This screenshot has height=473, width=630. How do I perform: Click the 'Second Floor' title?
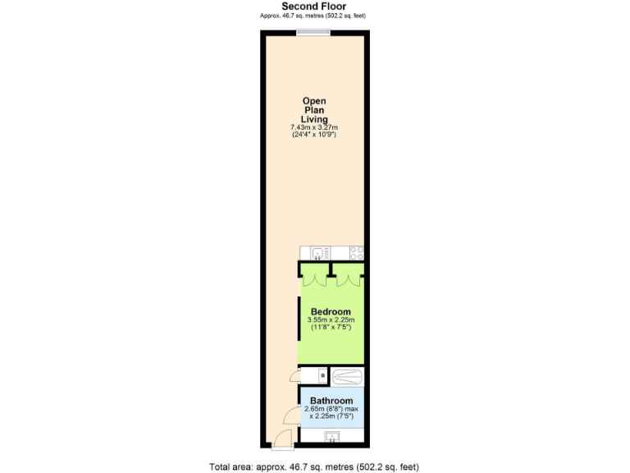[315, 6]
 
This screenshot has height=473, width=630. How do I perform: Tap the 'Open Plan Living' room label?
[315, 110]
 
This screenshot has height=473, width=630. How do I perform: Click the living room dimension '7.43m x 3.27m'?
[315, 127]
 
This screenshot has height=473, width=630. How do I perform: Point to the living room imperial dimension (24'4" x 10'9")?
[315, 135]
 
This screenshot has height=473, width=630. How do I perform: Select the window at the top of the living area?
[313, 33]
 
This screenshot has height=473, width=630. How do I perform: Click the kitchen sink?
[317, 253]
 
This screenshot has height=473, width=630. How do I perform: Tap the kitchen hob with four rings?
[357, 253]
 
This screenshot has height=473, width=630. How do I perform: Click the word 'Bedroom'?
[331, 311]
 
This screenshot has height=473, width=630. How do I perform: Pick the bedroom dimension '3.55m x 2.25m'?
[330, 319]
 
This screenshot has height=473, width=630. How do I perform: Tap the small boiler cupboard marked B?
[322, 376]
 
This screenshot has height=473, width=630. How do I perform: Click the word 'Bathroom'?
[331, 401]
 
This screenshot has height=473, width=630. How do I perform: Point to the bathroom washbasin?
[331, 437]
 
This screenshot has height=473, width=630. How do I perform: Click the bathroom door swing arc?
[290, 419]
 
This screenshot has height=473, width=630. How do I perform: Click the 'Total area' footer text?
[315, 466]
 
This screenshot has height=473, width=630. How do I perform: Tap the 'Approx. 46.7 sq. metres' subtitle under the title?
[315, 16]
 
